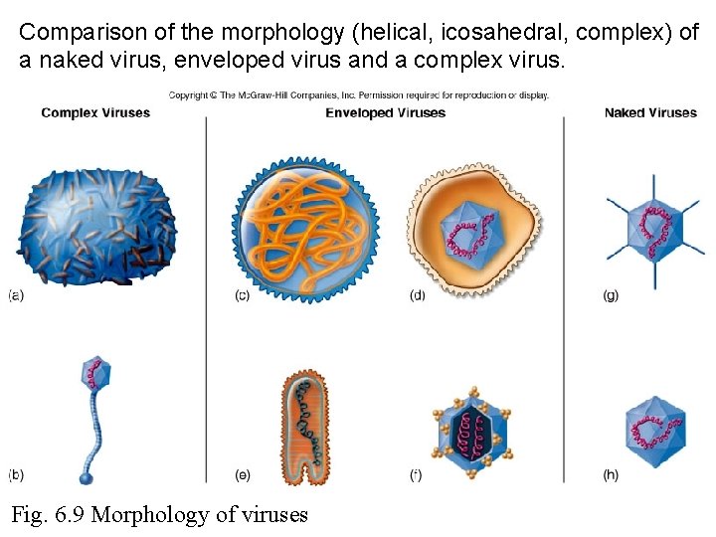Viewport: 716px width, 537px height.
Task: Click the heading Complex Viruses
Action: pyautogui.click(x=95, y=112)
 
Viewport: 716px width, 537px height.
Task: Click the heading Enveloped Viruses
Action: pyautogui.click(x=385, y=112)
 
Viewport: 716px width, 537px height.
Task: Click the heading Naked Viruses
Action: pyautogui.click(x=650, y=112)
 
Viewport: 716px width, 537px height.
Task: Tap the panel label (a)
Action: pyautogui.click(x=16, y=295)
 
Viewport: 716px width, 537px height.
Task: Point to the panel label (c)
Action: pyautogui.click(x=242, y=295)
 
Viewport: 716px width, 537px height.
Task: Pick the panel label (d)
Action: pyautogui.click(x=418, y=295)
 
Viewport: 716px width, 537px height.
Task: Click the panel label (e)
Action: pyautogui.click(x=242, y=474)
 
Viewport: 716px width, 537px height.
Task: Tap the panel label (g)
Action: pyautogui.click(x=611, y=295)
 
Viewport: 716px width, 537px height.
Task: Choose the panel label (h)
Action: pyautogui.click(x=611, y=474)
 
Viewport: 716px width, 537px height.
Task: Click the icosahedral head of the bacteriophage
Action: pyautogui.click(x=96, y=375)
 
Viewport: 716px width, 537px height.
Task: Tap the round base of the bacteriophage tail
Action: pyautogui.click(x=86, y=478)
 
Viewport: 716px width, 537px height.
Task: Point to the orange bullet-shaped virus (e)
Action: pyautogui.click(x=304, y=428)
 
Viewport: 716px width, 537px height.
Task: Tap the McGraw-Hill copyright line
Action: pyautogui.click(x=358, y=95)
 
